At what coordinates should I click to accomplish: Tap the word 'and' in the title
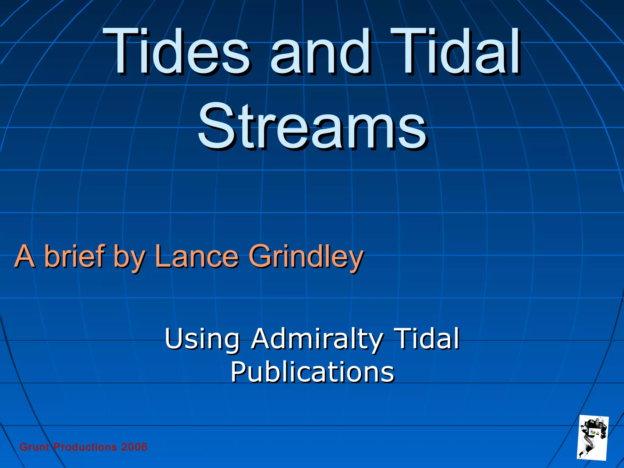[x=320, y=52]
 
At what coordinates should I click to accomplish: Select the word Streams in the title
[x=312, y=126]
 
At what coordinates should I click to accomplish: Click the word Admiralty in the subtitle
[x=317, y=339]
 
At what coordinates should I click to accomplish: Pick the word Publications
[x=312, y=372]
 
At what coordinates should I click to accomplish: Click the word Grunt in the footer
[x=34, y=447]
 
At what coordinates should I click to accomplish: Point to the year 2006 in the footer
[x=134, y=447]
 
